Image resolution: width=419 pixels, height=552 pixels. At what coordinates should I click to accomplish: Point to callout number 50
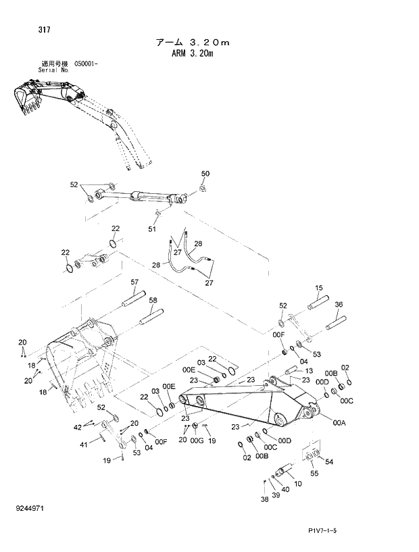point(205,174)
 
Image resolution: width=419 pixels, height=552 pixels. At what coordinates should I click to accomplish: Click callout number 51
point(152,229)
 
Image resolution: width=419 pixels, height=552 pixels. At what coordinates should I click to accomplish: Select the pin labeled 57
point(133,297)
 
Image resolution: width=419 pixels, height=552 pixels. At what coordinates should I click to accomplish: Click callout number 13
point(307,371)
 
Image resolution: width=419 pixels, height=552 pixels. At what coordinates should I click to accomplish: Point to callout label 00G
point(197,441)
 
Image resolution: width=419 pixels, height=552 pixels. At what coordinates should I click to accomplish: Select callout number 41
point(84,444)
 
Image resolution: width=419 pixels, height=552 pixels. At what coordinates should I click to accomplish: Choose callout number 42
point(78,426)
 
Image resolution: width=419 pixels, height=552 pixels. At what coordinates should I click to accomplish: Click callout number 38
point(264,500)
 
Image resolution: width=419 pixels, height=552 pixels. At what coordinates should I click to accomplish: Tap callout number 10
point(298,484)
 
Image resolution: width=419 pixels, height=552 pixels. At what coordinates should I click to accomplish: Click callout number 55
point(314,474)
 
